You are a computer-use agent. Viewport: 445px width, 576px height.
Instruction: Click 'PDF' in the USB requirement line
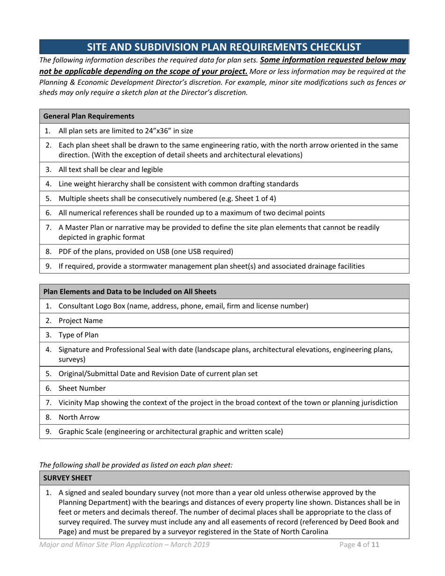point(66,251)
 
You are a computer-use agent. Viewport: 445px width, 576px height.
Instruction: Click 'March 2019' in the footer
point(187,545)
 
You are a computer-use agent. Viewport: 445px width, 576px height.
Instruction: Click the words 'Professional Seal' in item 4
point(133,349)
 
